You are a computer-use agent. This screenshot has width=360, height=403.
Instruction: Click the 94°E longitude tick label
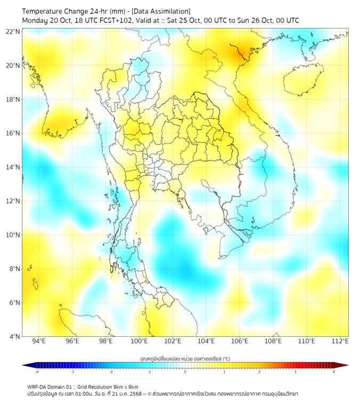39,341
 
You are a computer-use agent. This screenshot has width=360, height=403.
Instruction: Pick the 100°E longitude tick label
139,341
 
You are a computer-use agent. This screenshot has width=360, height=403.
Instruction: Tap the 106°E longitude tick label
240,341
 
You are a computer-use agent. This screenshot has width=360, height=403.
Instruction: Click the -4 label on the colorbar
36,372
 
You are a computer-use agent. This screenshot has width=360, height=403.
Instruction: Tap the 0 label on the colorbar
185,372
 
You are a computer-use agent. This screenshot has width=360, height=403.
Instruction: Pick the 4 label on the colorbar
334,372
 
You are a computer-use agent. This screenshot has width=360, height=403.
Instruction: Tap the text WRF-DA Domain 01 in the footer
51,386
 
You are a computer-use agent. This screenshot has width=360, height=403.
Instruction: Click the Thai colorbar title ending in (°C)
185,358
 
